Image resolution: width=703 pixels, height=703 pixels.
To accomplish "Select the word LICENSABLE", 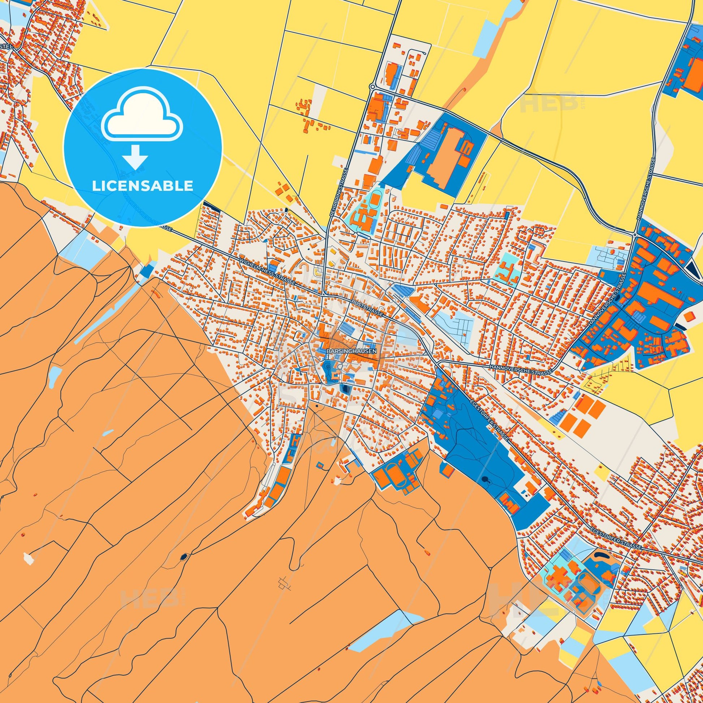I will pyautogui.click(x=142, y=186).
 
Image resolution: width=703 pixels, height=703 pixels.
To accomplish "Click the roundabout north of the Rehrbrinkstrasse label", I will pyautogui.click(x=372, y=87).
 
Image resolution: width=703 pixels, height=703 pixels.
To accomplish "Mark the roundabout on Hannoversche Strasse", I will pyautogui.click(x=635, y=236).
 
